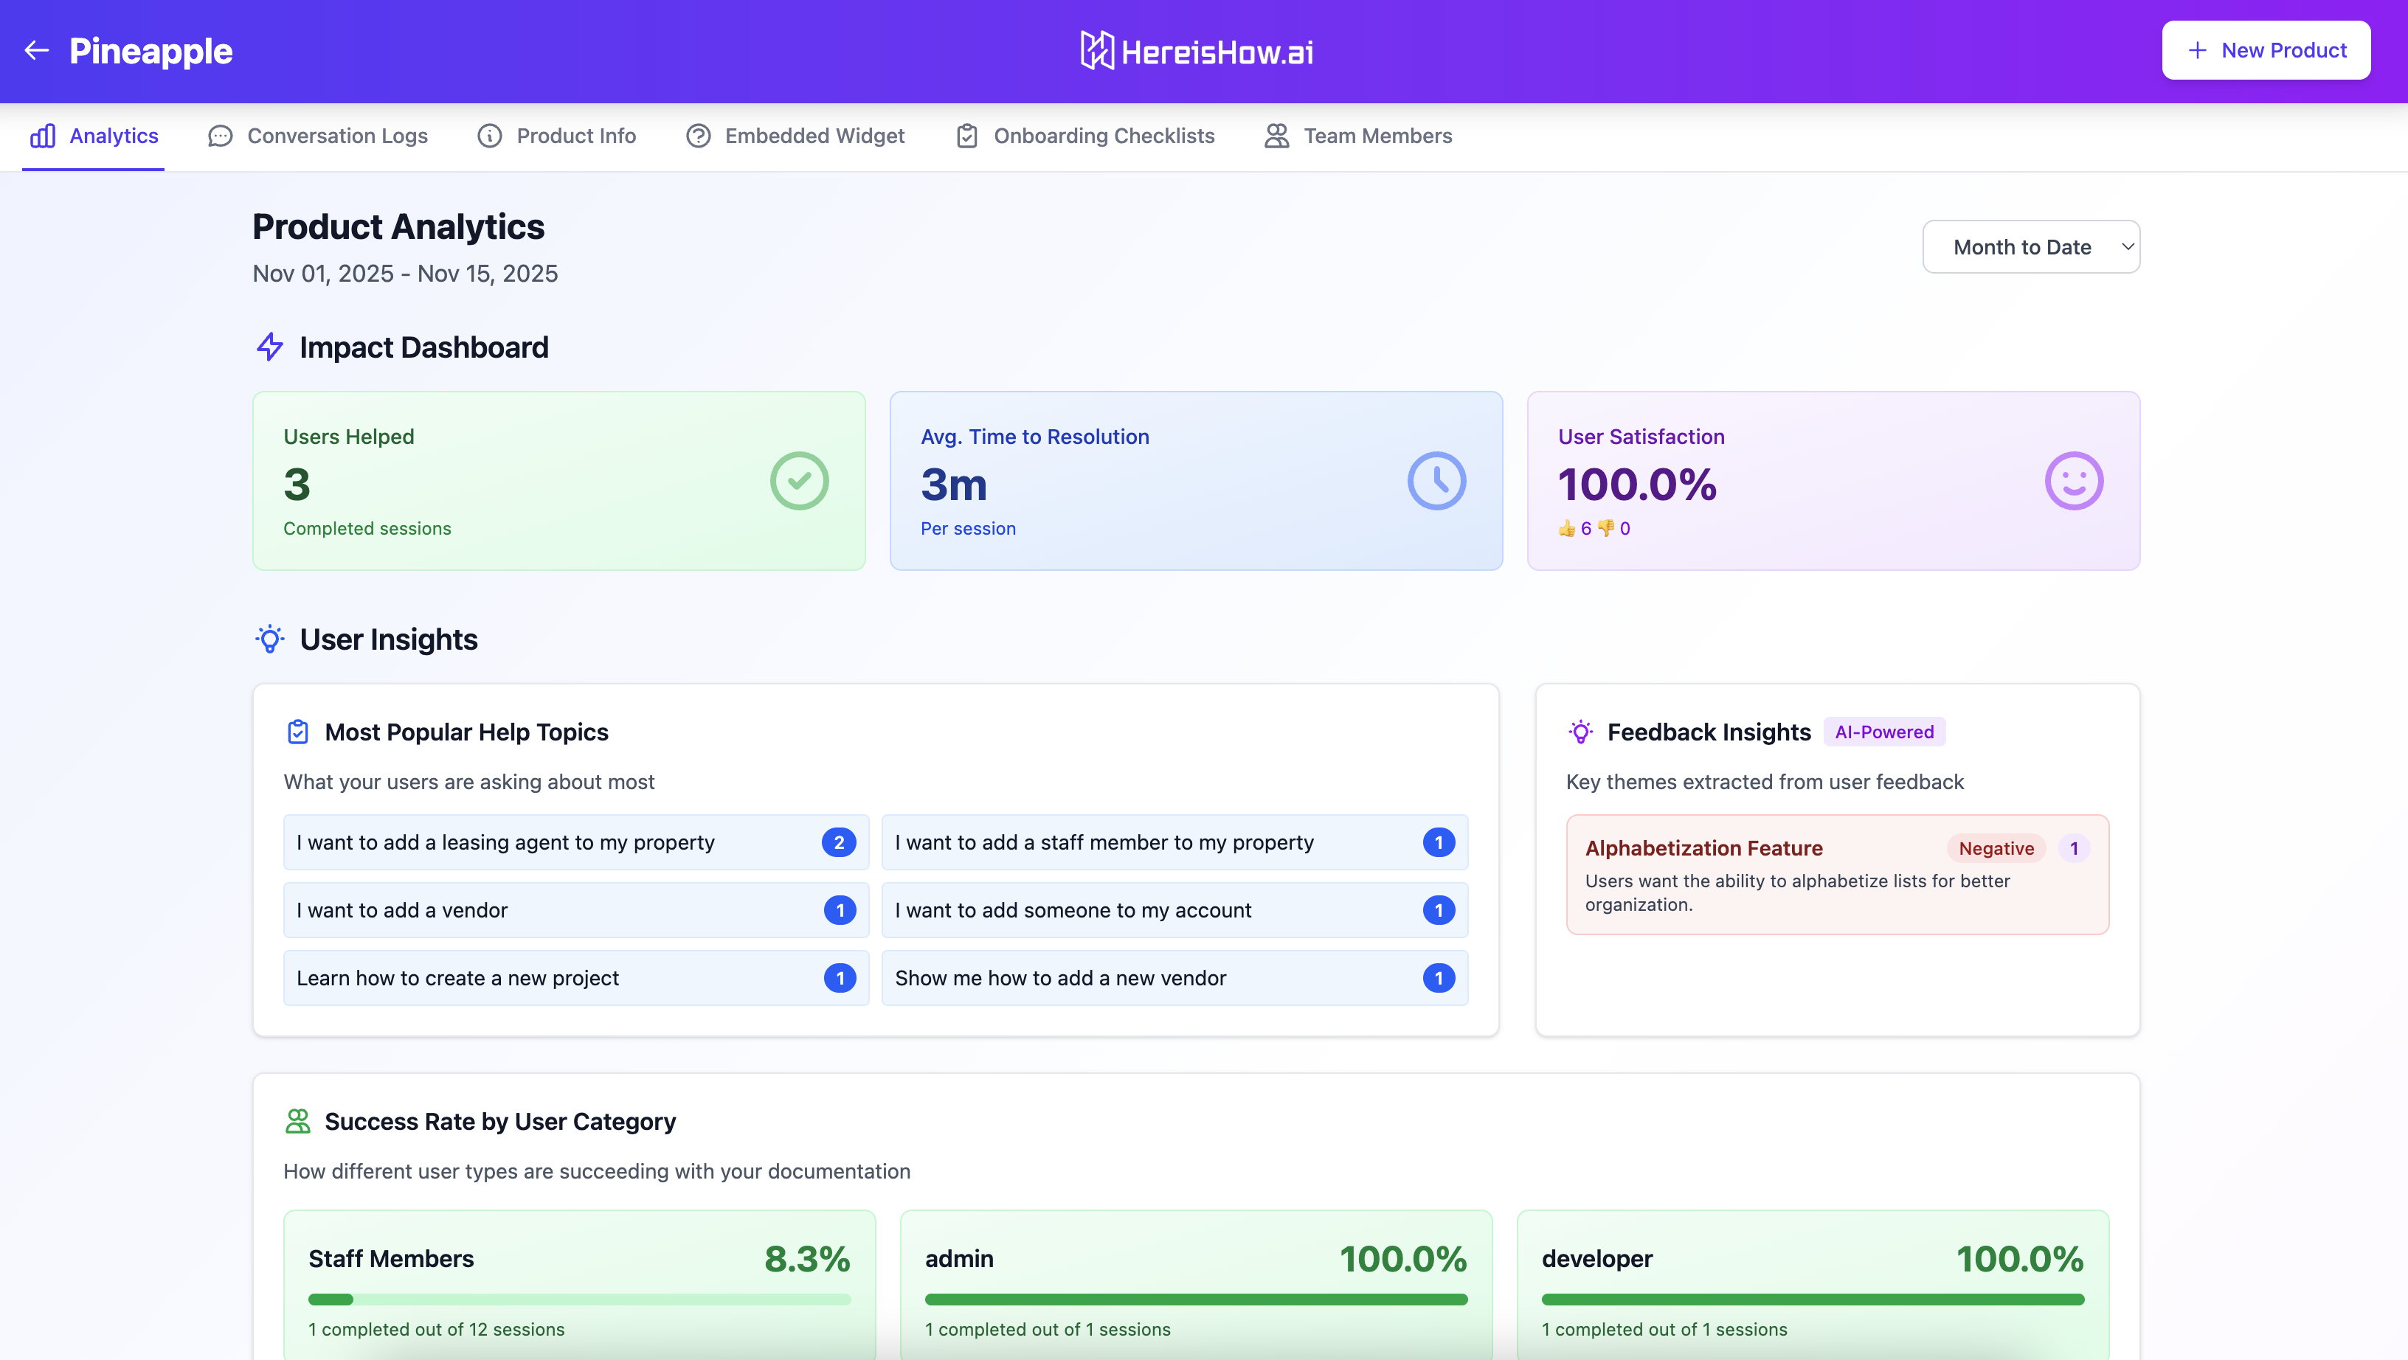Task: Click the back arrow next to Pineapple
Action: (36, 50)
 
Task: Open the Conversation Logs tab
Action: (318, 136)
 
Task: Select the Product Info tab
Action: (557, 136)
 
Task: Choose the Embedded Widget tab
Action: (795, 136)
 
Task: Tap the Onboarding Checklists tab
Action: (1085, 136)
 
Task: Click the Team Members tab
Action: (1358, 136)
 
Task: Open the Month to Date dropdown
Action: (2030, 247)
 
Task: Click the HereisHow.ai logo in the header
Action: (1197, 52)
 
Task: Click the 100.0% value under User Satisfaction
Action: (1637, 484)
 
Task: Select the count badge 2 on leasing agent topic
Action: (839, 842)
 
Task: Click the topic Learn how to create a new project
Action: (458, 978)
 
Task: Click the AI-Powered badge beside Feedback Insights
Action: (1883, 732)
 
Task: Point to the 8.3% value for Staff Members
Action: (806, 1259)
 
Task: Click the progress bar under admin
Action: (1196, 1300)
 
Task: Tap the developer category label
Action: (1596, 1259)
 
